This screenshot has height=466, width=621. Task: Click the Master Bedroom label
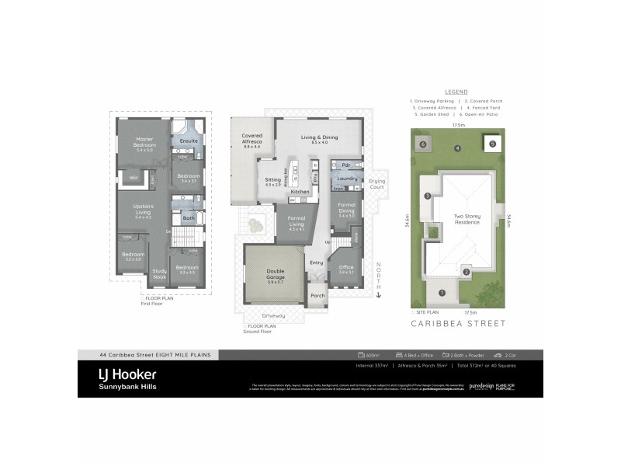(145, 142)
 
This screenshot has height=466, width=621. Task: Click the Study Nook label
(159, 273)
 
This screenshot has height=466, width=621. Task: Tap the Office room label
(346, 267)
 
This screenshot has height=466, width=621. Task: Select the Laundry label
(346, 178)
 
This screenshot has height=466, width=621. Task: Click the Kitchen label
(300, 191)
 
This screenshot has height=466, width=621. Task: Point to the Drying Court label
(376, 184)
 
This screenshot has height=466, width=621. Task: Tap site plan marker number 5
(492, 143)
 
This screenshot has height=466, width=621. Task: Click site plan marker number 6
(423, 144)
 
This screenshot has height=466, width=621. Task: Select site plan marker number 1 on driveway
(442, 293)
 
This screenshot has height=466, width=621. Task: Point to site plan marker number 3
(427, 196)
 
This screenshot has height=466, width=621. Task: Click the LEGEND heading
(457, 91)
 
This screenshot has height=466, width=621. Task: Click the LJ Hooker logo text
(127, 374)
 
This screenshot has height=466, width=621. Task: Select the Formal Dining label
(346, 210)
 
